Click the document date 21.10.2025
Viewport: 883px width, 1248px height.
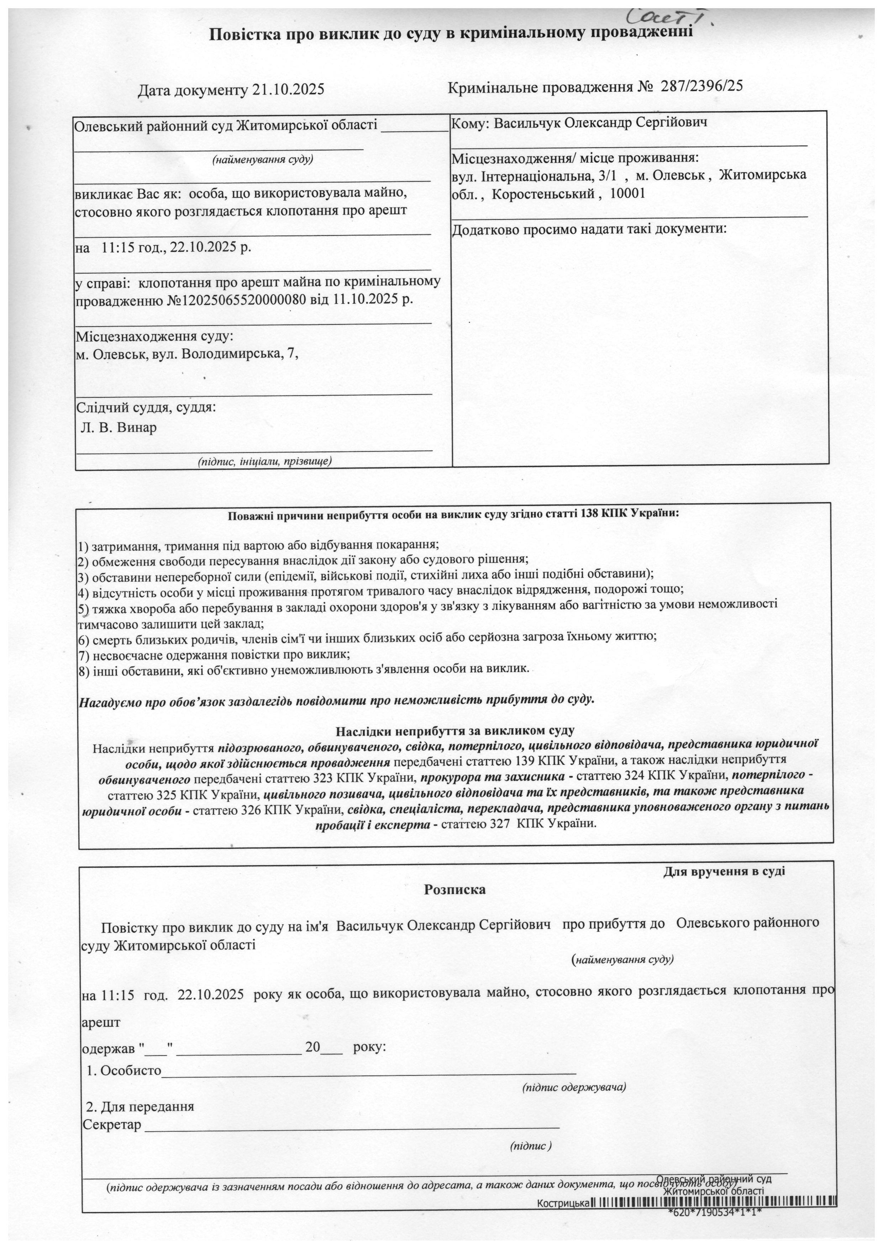(x=288, y=90)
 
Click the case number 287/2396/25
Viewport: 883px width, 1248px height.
(x=701, y=86)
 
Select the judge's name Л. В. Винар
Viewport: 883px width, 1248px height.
(x=119, y=428)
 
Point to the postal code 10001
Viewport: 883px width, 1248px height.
(x=628, y=194)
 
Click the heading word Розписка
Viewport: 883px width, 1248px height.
(x=454, y=890)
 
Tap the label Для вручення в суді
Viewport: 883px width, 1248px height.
(x=724, y=871)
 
